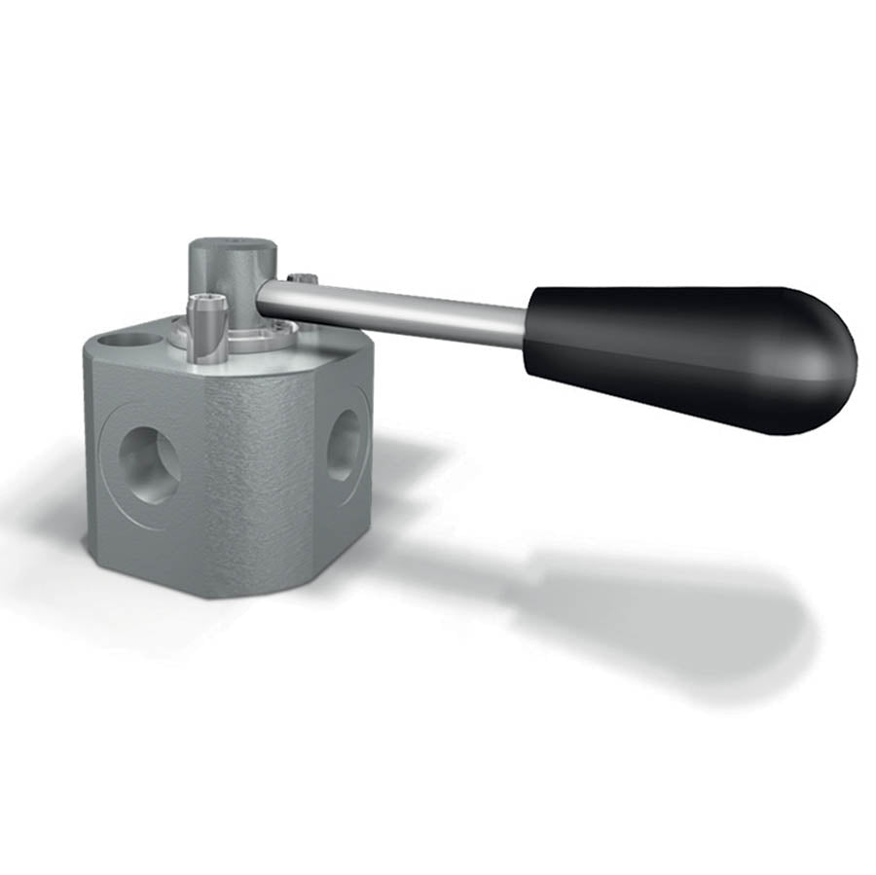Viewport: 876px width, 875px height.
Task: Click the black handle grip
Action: (x=681, y=355)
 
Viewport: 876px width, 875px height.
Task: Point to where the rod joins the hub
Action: (x=265, y=297)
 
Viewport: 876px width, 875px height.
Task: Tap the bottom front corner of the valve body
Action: (x=209, y=594)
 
